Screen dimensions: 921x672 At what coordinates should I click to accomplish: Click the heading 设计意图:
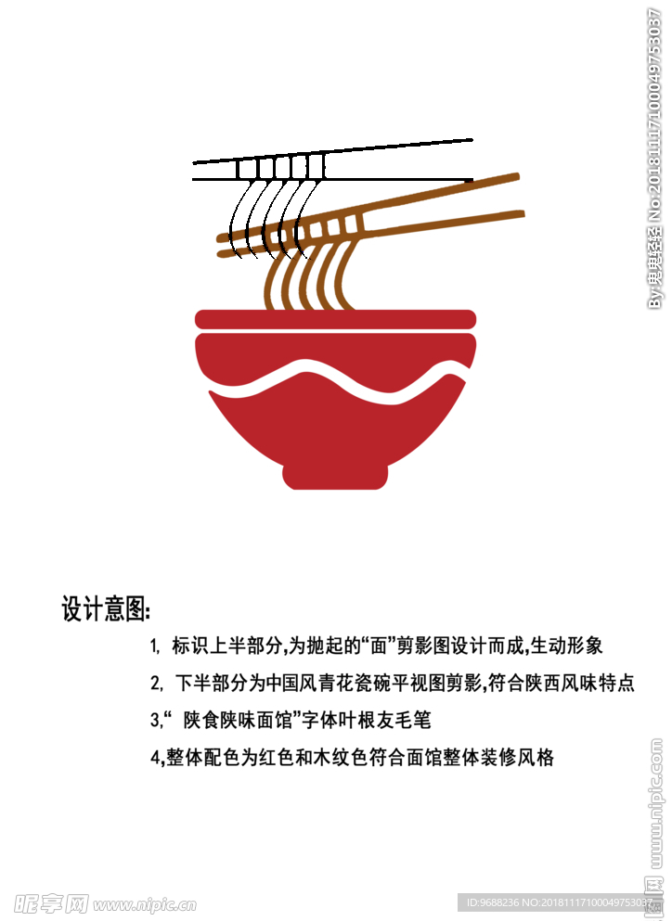coord(105,609)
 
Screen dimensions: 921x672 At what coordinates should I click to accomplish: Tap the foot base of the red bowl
coord(334,477)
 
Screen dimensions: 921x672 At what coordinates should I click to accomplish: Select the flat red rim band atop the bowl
coord(335,318)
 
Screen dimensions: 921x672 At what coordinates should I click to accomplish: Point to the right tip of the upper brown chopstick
coord(515,174)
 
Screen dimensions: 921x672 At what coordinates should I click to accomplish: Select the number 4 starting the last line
coord(155,758)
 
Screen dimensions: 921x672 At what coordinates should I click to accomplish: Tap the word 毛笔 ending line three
coord(413,720)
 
